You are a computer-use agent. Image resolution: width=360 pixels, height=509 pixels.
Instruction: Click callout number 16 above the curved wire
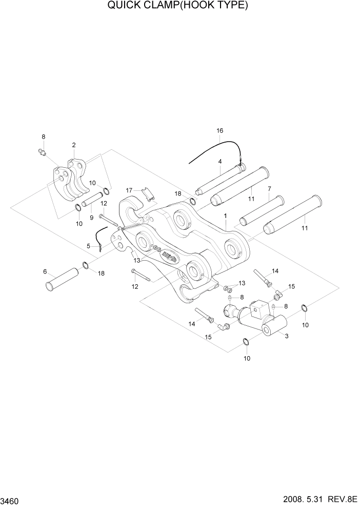click(x=219, y=131)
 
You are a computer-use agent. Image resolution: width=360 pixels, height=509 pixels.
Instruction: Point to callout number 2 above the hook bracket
click(x=74, y=145)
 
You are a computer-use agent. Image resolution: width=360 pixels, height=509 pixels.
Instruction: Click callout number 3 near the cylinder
click(x=286, y=337)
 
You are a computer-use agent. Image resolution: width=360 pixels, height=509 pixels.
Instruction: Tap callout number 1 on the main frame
click(x=225, y=217)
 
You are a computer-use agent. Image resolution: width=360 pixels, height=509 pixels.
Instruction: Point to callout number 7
click(x=269, y=189)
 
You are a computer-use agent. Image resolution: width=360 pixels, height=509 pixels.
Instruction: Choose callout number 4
click(x=219, y=161)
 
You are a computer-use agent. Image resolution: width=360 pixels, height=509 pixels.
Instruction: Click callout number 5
click(x=88, y=246)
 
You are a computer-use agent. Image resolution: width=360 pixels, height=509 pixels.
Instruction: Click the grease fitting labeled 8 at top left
click(x=42, y=152)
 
